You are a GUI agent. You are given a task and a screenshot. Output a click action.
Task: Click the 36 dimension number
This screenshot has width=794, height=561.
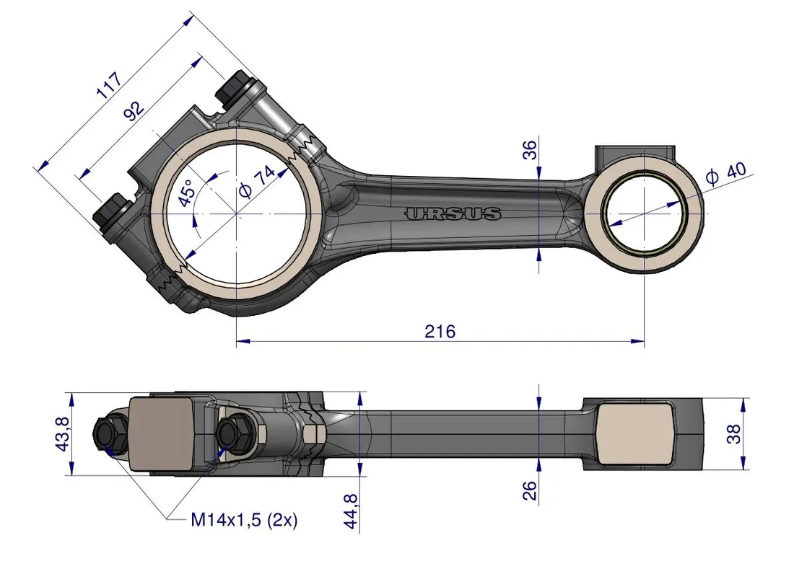coord(530,150)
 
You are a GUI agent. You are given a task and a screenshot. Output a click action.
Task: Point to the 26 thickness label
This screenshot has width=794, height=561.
coord(531,490)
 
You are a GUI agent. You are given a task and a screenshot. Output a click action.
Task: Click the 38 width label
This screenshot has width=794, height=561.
coord(734,435)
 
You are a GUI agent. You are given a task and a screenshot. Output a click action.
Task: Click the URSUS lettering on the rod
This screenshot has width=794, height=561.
coord(453,213)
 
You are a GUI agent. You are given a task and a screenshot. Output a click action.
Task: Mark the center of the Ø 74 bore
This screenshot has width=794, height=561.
coord(237,214)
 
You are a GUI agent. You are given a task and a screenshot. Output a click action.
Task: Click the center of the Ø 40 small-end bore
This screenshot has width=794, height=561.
coord(643,214)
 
